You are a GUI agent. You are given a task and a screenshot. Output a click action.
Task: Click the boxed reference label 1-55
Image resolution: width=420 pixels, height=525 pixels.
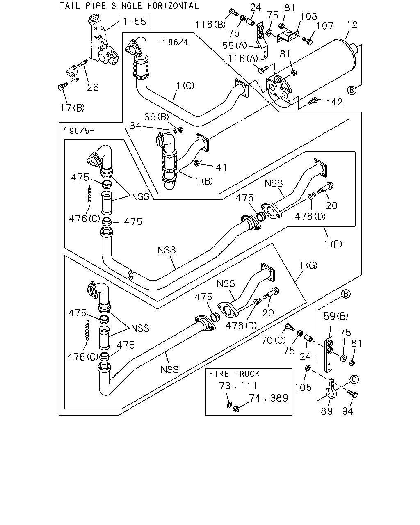click(133, 21)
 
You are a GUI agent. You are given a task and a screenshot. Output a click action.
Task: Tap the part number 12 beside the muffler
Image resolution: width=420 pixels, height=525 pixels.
click(352, 25)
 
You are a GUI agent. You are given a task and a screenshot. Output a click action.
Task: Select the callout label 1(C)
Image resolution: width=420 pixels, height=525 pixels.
click(185, 86)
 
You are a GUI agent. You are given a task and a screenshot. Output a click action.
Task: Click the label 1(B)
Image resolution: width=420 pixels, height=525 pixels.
click(204, 181)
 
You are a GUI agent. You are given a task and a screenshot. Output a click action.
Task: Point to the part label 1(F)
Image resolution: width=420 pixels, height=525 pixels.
click(333, 244)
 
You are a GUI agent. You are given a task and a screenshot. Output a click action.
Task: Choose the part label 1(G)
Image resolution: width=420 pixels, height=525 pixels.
click(308, 265)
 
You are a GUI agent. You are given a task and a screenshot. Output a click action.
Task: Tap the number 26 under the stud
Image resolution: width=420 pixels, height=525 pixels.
click(93, 87)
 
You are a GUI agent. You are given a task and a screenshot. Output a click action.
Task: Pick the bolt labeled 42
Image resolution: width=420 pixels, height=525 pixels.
click(313, 101)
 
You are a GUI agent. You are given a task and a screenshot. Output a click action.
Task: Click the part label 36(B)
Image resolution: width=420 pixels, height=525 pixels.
click(156, 117)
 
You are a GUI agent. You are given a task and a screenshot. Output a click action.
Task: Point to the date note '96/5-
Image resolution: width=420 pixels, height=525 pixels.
click(79, 131)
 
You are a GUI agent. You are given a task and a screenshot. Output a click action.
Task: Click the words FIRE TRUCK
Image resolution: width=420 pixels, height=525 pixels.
click(234, 374)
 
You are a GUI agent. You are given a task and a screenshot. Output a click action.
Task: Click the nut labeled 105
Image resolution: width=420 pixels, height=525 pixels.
click(308, 367)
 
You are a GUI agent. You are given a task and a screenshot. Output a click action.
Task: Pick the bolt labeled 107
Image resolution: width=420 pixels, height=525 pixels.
click(307, 41)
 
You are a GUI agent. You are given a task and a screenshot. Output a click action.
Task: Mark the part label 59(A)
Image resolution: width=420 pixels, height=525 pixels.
click(234, 46)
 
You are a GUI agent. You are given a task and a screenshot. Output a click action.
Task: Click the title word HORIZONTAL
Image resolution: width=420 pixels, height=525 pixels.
click(173, 6)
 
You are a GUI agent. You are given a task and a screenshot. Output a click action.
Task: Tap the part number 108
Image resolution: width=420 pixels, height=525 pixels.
click(309, 16)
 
